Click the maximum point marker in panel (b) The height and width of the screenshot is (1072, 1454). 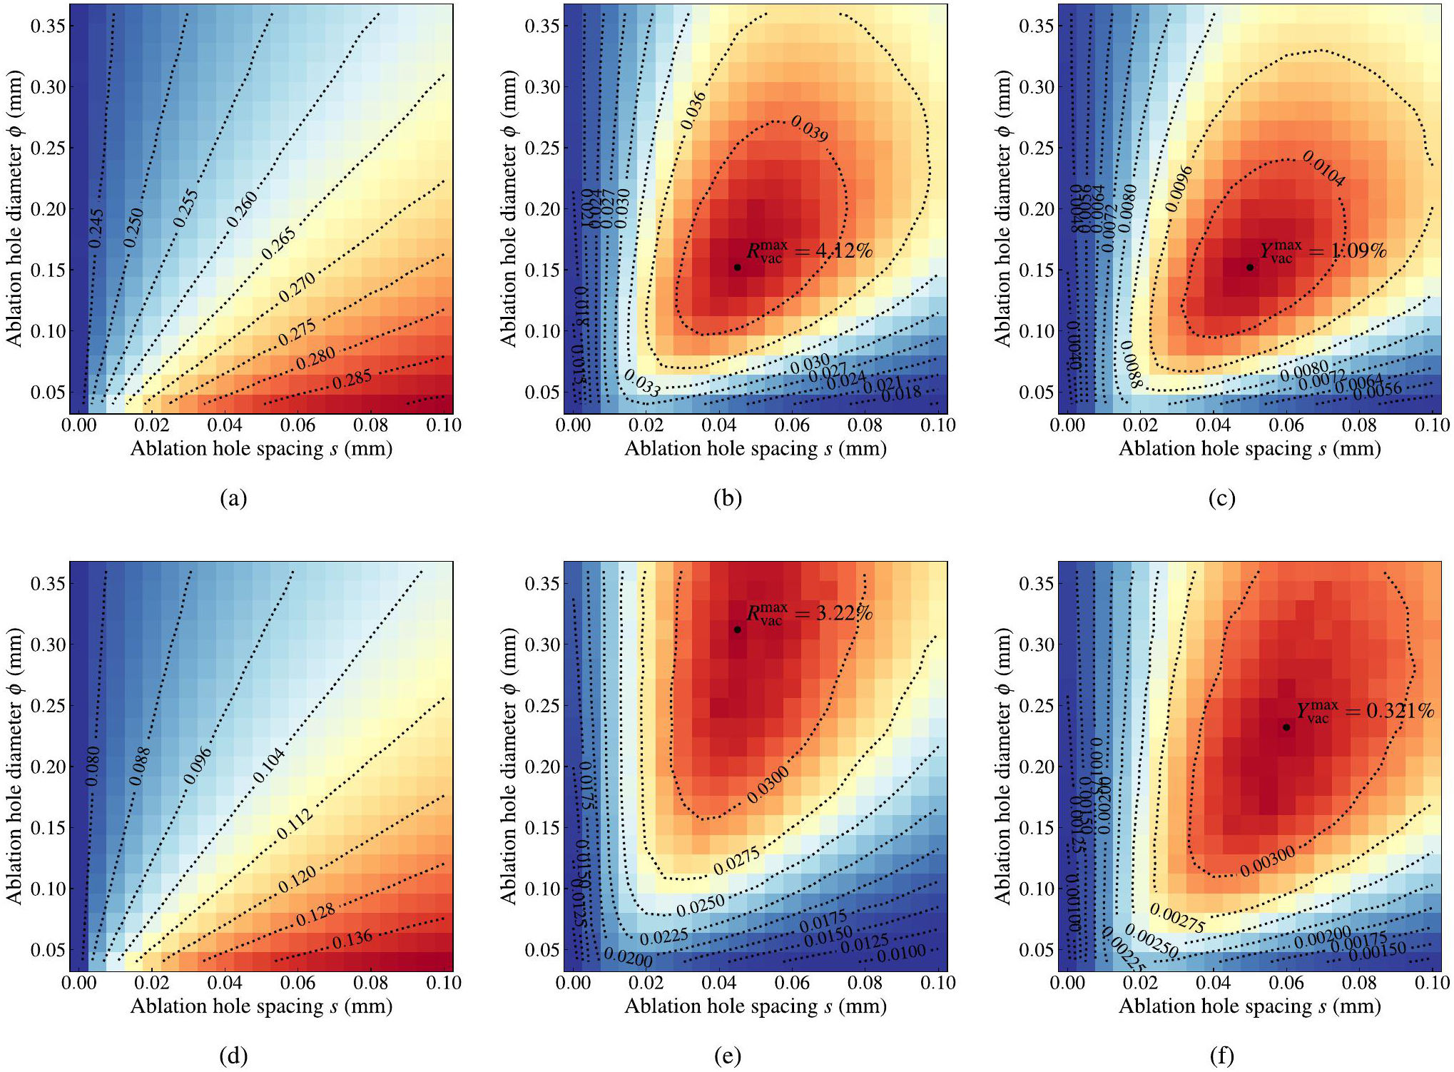737,267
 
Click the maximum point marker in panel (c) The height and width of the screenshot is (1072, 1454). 1250,267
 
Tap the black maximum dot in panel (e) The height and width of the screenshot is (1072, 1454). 737,629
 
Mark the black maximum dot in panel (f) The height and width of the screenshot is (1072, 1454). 1286,727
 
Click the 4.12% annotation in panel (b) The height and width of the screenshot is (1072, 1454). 809,251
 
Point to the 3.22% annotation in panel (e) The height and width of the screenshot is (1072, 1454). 809,614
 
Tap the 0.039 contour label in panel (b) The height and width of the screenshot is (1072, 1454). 810,129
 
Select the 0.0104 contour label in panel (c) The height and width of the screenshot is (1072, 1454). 1324,168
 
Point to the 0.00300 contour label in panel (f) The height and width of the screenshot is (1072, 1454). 1267,861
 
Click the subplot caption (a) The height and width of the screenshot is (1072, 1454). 233,497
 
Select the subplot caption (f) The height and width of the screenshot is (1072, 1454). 1221,1056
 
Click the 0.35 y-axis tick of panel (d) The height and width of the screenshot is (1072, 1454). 49,583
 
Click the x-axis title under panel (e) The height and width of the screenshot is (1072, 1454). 756,1006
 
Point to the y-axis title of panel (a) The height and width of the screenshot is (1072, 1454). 14,208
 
